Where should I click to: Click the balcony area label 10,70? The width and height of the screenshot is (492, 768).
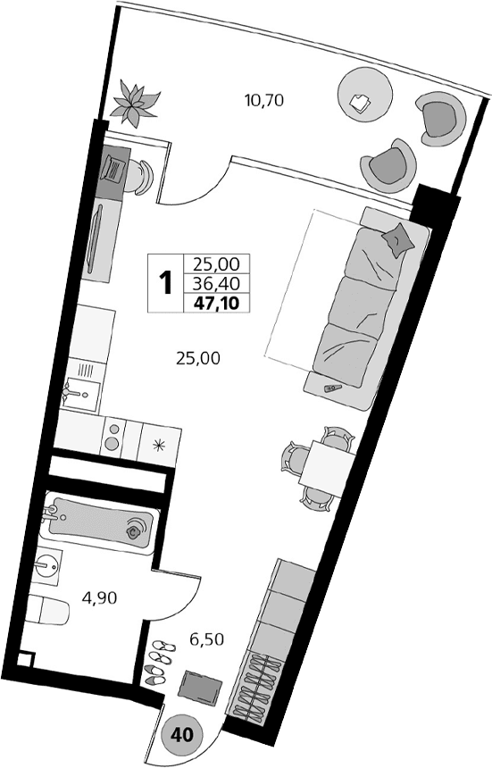[263, 100]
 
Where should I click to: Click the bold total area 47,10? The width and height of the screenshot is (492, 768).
[216, 303]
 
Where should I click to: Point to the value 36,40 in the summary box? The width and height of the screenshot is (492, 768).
[216, 284]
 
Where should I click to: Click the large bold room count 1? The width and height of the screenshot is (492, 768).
[165, 284]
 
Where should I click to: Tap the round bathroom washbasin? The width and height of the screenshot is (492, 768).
[48, 564]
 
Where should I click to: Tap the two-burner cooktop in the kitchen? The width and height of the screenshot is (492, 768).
[113, 438]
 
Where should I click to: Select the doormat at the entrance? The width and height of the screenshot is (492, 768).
[200, 687]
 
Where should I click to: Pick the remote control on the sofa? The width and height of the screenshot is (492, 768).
[334, 388]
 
